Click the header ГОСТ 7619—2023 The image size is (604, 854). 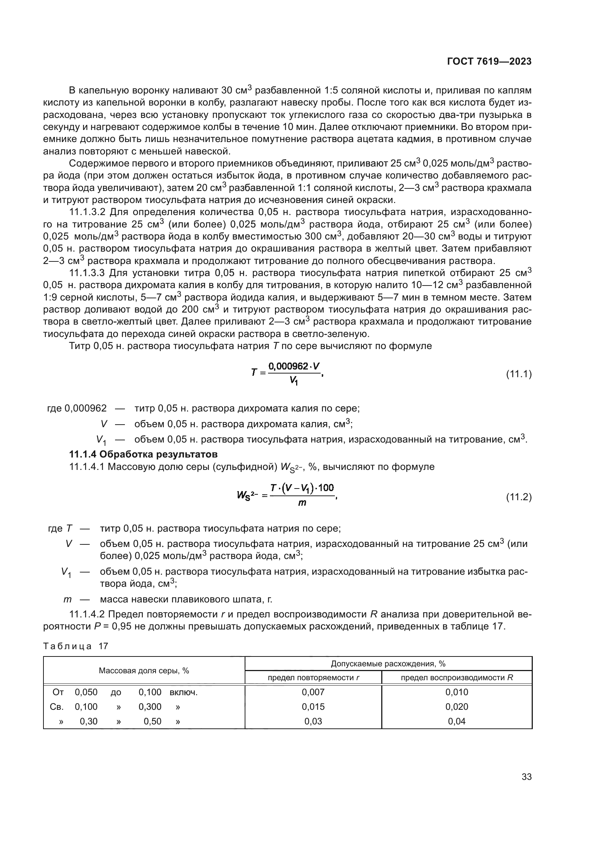(489, 62)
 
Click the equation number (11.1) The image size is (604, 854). (519, 374)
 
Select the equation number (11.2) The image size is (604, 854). (519, 497)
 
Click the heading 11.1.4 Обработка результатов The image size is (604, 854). (144, 454)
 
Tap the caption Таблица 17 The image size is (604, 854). (76, 646)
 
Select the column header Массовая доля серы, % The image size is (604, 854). (144, 671)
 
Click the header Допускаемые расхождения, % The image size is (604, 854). (388, 663)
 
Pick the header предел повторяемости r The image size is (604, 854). (313, 678)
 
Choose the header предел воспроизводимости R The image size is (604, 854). (457, 678)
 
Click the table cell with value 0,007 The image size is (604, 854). (313, 692)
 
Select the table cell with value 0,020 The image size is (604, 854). (457, 707)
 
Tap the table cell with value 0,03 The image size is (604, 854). (313, 721)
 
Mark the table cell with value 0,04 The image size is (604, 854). (457, 721)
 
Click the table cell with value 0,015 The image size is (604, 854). (313, 707)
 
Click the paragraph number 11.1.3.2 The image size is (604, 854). (88, 212)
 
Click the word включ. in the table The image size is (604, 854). (183, 692)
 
